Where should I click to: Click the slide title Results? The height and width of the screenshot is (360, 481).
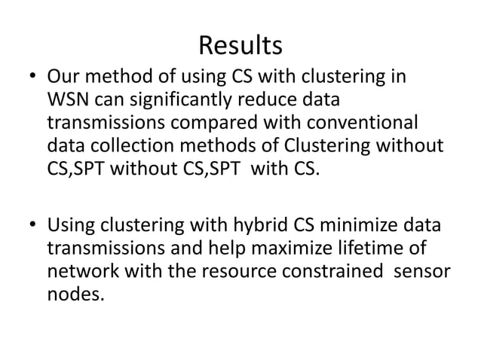(240, 46)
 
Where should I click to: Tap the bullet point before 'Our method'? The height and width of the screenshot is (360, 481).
(32, 78)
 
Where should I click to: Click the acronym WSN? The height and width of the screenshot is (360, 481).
(69, 100)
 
